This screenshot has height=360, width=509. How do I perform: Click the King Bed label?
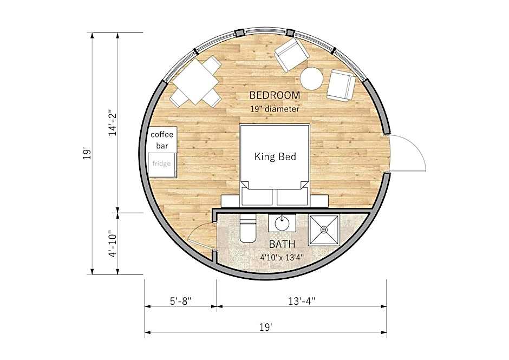point(275,157)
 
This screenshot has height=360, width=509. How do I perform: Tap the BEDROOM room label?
point(275,95)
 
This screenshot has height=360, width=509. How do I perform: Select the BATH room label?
point(282,244)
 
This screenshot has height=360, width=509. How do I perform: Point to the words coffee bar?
point(162,140)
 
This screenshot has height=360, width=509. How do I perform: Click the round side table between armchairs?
point(311,78)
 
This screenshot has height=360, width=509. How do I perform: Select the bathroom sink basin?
point(282,223)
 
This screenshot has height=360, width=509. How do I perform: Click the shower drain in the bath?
point(324,230)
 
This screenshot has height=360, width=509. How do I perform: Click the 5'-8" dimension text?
point(181,301)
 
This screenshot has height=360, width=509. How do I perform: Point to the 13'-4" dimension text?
point(302,301)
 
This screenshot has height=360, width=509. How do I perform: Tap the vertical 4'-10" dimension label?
point(113,244)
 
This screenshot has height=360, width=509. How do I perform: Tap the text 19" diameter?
point(275,109)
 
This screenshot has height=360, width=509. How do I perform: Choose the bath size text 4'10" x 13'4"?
point(282,258)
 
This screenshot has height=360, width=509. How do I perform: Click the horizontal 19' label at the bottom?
point(265,327)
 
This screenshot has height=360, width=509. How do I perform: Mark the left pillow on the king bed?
point(257,197)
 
